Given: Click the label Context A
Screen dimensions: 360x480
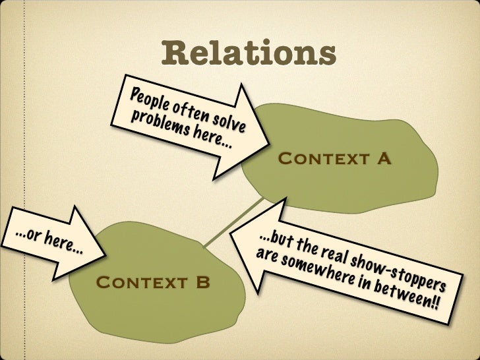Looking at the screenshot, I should coord(335,159).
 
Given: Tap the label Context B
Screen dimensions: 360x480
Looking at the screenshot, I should coord(153,284).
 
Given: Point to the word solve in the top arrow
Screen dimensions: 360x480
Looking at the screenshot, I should coord(227,120).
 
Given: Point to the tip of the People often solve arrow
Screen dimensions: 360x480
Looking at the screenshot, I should coord(268,141).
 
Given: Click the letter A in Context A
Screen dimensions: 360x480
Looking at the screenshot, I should coord(384,159).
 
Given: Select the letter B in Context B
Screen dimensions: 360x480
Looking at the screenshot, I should coord(202,284).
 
